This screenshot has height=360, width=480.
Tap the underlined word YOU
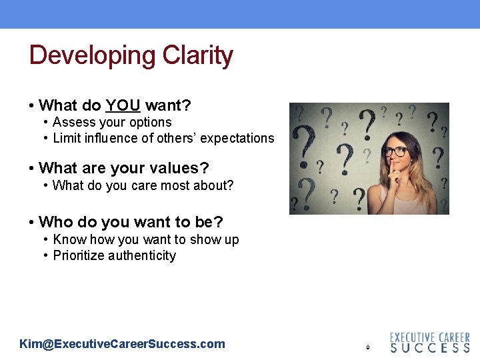(123, 105)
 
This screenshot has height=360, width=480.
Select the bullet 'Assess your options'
(112, 122)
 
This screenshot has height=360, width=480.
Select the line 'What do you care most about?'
(143, 185)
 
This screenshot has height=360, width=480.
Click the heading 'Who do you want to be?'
(131, 221)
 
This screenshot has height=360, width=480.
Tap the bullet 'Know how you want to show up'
(145, 239)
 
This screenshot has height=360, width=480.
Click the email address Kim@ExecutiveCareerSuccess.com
(123, 344)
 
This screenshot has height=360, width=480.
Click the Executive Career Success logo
(429, 342)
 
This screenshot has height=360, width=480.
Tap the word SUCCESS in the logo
(429, 348)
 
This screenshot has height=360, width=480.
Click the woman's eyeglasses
(395, 151)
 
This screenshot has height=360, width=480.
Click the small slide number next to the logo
(367, 347)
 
